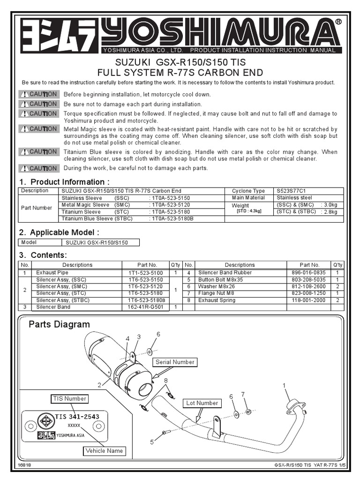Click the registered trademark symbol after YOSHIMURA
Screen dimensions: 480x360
click(x=338, y=22)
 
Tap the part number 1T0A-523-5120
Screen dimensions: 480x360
click(x=170, y=205)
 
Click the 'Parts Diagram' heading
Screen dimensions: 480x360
click(x=59, y=324)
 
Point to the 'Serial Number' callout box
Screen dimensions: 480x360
click(x=175, y=362)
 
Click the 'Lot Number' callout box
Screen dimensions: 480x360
click(x=202, y=403)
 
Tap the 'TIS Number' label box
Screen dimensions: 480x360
click(x=69, y=398)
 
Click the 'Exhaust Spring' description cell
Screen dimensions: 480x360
click(x=217, y=300)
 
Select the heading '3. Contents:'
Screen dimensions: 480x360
click(x=43, y=255)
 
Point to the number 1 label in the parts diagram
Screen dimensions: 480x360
click(x=284, y=385)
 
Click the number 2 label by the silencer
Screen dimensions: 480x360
click(x=99, y=385)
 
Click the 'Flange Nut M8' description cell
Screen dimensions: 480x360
click(x=216, y=293)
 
